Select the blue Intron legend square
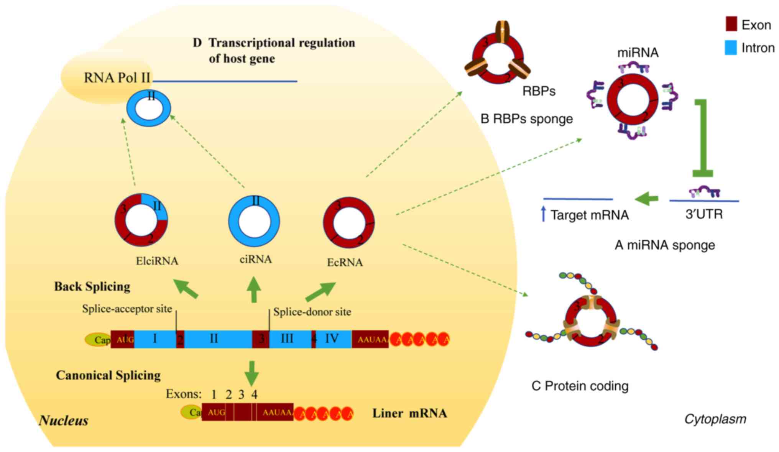(x=731, y=48)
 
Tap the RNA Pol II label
(x=117, y=78)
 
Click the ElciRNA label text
(x=157, y=261)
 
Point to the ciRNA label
(x=256, y=260)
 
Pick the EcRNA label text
(x=345, y=263)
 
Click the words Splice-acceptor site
(x=127, y=309)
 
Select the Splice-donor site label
(x=312, y=312)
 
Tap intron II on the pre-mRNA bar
(x=214, y=339)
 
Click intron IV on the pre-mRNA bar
(x=332, y=339)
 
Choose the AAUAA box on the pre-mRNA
(x=370, y=339)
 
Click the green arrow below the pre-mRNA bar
(x=252, y=373)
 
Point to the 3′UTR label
(x=704, y=214)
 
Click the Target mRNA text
(x=590, y=215)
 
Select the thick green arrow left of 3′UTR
(x=647, y=199)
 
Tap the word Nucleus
(x=64, y=421)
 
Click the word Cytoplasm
(x=715, y=419)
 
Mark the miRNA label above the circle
(x=638, y=53)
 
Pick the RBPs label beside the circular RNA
(x=539, y=91)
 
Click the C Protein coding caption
(x=580, y=386)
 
